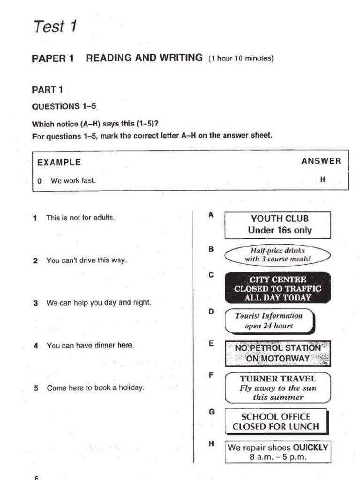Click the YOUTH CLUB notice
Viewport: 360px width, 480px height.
[x=278, y=225]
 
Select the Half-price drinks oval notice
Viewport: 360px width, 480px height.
[x=277, y=255]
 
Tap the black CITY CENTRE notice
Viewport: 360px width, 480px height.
[x=278, y=288]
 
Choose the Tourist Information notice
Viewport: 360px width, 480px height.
[x=269, y=321]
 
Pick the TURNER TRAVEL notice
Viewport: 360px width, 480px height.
[x=278, y=388]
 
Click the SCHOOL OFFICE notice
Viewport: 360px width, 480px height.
[x=276, y=421]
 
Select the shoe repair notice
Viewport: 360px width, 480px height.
[x=278, y=452]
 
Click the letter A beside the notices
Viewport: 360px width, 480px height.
[x=211, y=215]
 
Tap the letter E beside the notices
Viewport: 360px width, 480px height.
[x=211, y=344]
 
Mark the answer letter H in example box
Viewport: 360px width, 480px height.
[x=322, y=180]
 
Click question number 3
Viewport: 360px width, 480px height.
[x=35, y=303]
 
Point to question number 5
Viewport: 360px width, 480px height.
[x=36, y=388]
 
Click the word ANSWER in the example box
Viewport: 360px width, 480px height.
[x=321, y=161]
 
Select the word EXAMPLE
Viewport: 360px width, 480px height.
[x=59, y=163]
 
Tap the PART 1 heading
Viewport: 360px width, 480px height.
[x=47, y=90]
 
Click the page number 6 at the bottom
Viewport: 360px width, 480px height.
[x=36, y=477]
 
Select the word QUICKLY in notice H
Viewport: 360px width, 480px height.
[x=311, y=447]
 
